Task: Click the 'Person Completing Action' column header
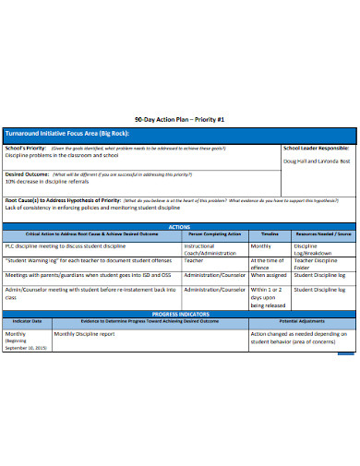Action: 214,234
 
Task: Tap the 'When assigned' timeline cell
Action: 269,274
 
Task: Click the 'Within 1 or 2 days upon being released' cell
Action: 268,297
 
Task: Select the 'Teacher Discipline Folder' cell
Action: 315,264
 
